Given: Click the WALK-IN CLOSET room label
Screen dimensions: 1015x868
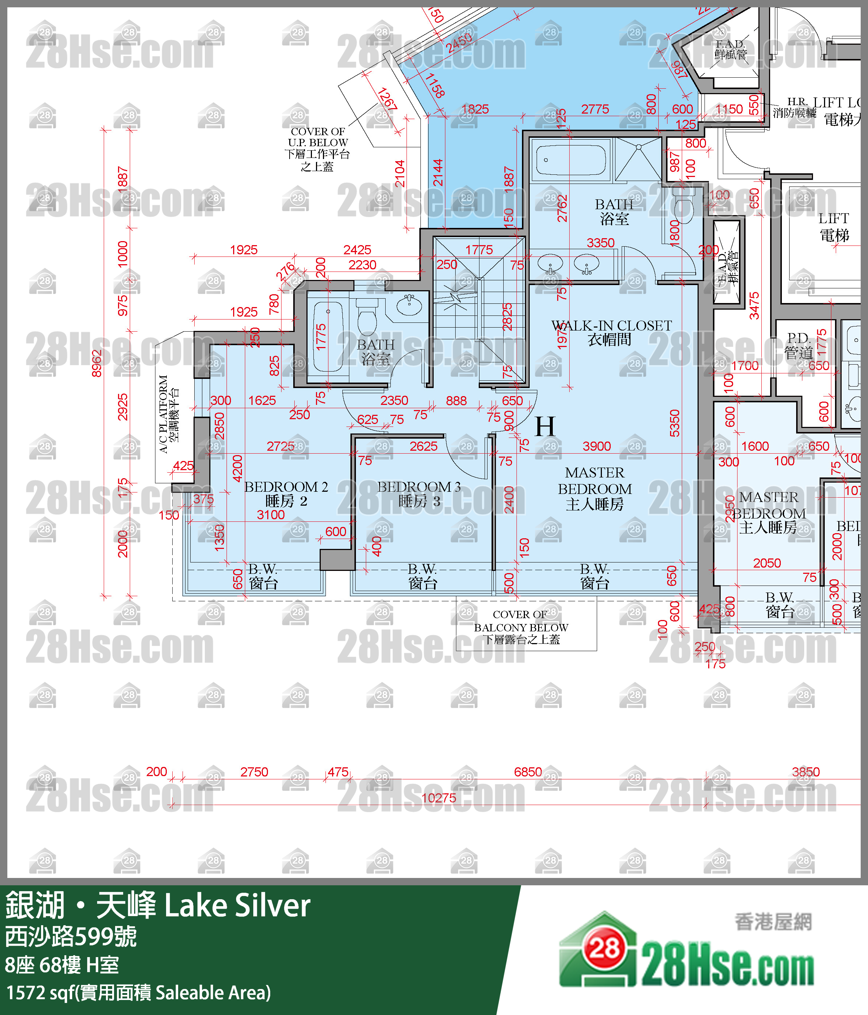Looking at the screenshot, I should pyautogui.click(x=611, y=332).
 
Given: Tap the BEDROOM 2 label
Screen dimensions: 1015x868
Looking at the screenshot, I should pyautogui.click(x=286, y=494).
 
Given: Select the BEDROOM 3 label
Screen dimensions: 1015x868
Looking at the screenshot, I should pyautogui.click(x=419, y=494).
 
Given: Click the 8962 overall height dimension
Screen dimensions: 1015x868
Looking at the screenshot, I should pyautogui.click(x=97, y=363).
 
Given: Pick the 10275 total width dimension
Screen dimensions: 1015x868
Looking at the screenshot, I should pyautogui.click(x=439, y=798).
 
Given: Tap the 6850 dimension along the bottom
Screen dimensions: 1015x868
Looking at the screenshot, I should pyautogui.click(x=528, y=772).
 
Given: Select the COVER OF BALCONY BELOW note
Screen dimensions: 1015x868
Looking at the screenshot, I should pyautogui.click(x=521, y=627).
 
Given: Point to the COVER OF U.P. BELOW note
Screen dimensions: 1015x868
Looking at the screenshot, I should pyautogui.click(x=317, y=149).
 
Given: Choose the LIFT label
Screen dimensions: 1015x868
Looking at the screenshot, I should pyautogui.click(x=834, y=227).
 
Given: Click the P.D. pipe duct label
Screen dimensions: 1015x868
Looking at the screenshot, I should pyautogui.click(x=798, y=345).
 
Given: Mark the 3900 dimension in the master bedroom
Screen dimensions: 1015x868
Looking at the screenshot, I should pyautogui.click(x=596, y=446).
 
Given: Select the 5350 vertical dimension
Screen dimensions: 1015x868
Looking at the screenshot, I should pyautogui.click(x=675, y=423).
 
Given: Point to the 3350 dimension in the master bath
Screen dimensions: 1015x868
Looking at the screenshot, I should pyautogui.click(x=600, y=243).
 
